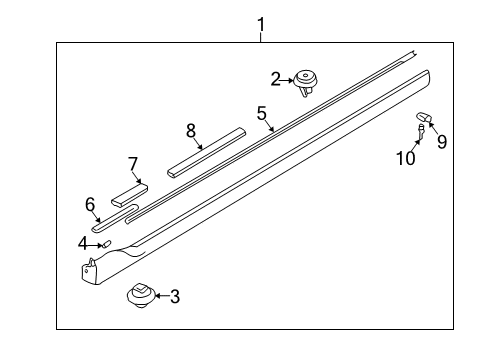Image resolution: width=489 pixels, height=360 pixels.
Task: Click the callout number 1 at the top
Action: [x=261, y=25]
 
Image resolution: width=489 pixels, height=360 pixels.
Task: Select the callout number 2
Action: [x=275, y=79]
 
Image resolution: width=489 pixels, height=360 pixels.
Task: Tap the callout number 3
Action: [x=175, y=296]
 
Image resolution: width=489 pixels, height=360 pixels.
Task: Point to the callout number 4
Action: [x=82, y=243]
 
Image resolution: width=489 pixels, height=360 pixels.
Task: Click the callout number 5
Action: [x=262, y=113]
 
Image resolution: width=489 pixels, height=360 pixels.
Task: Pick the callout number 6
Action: [x=90, y=204]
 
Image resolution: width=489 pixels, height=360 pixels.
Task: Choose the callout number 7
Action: [x=133, y=164]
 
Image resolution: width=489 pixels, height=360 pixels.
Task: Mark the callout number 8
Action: [x=191, y=130]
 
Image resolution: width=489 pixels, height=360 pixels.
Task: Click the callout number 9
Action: [x=442, y=142]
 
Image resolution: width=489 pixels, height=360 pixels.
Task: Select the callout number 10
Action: [x=406, y=158]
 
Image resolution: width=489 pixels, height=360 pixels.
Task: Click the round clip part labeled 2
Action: [x=305, y=83]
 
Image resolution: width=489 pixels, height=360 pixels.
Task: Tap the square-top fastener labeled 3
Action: [x=141, y=294]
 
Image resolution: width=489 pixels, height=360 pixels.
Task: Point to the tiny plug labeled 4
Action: [x=107, y=244]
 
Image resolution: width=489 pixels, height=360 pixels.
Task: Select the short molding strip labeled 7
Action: [x=129, y=195]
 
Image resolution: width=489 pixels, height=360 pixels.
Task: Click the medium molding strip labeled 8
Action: [x=207, y=152]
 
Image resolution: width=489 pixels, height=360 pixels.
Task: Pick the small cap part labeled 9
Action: [x=424, y=117]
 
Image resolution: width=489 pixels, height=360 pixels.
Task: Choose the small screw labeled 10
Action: [x=421, y=131]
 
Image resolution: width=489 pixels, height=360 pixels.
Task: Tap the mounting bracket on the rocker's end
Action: [x=89, y=270]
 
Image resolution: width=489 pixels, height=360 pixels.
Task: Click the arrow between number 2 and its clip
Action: [x=287, y=80]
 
